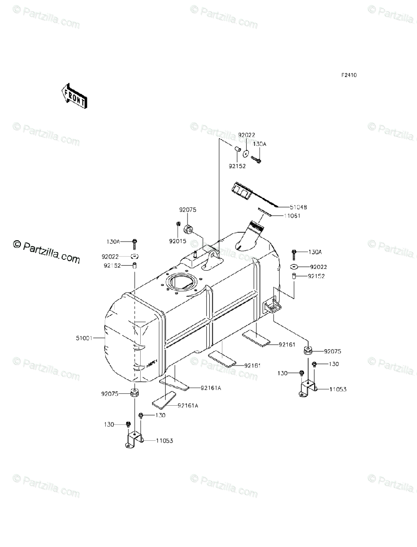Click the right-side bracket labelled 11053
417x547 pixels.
click(x=308, y=389)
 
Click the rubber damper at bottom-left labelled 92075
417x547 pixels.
click(x=135, y=392)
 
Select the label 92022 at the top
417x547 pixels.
click(x=247, y=135)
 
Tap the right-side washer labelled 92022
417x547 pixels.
click(x=294, y=266)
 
